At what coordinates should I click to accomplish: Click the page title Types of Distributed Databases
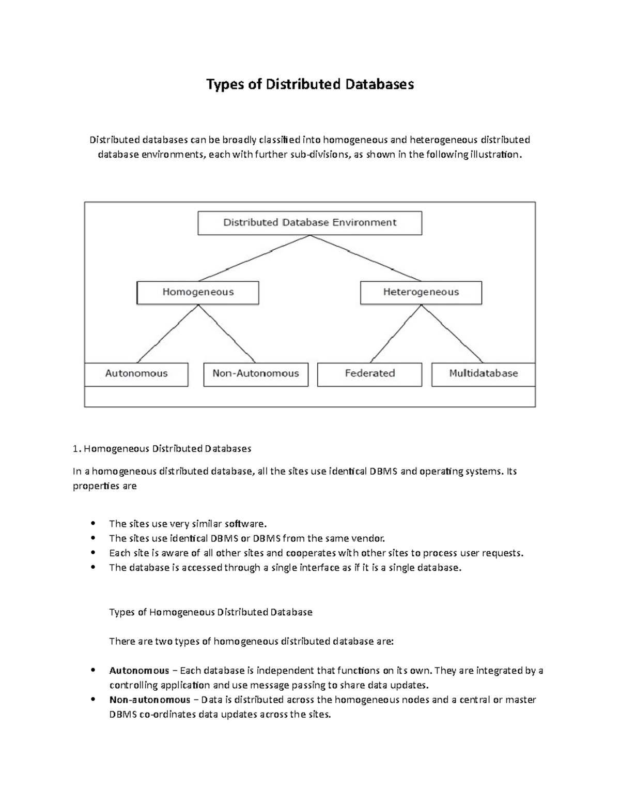click(310, 84)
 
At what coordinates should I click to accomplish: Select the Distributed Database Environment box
click(309, 223)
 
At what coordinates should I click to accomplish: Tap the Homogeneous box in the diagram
click(198, 292)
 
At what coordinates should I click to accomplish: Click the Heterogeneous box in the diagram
click(421, 292)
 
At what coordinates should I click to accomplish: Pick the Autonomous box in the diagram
click(136, 373)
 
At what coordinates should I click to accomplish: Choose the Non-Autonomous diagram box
click(256, 373)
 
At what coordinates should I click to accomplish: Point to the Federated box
click(369, 373)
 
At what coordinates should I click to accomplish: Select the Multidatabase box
click(483, 373)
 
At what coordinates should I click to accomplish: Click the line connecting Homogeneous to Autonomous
click(168, 334)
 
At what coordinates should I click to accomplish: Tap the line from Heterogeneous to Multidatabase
click(452, 334)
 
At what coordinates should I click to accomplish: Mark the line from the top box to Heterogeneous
click(366, 258)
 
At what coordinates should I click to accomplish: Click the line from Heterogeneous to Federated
click(396, 334)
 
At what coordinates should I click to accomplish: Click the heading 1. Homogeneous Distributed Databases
click(162, 449)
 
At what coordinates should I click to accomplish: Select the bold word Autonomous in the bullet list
click(139, 671)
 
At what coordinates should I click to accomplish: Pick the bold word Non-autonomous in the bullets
click(150, 700)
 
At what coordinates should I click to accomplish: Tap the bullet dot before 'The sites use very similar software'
click(93, 523)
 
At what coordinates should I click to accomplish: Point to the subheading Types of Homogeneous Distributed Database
click(211, 612)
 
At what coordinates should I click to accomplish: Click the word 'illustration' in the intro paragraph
click(494, 155)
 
